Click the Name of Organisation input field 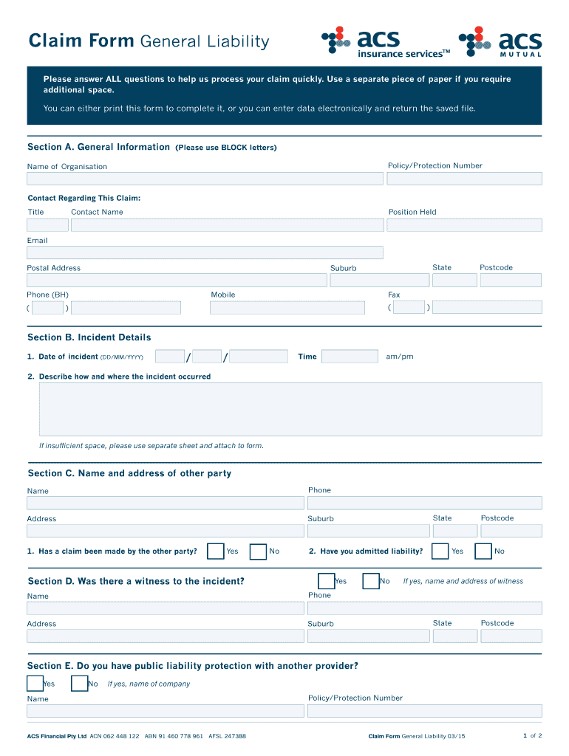(205, 179)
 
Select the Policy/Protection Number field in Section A (464, 179)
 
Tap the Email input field (205, 252)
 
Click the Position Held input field (464, 225)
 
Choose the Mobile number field (287, 308)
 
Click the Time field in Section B (350, 357)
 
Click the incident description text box (290, 409)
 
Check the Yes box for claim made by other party (216, 551)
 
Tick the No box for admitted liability (483, 551)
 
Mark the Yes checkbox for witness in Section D (326, 582)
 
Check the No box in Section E (79, 684)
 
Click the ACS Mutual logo (500, 41)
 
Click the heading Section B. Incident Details (89, 337)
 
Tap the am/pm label (400, 357)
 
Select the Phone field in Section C (424, 503)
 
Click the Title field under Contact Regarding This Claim (47, 225)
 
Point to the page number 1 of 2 (532, 735)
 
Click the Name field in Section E (166, 711)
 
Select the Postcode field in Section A (510, 281)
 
